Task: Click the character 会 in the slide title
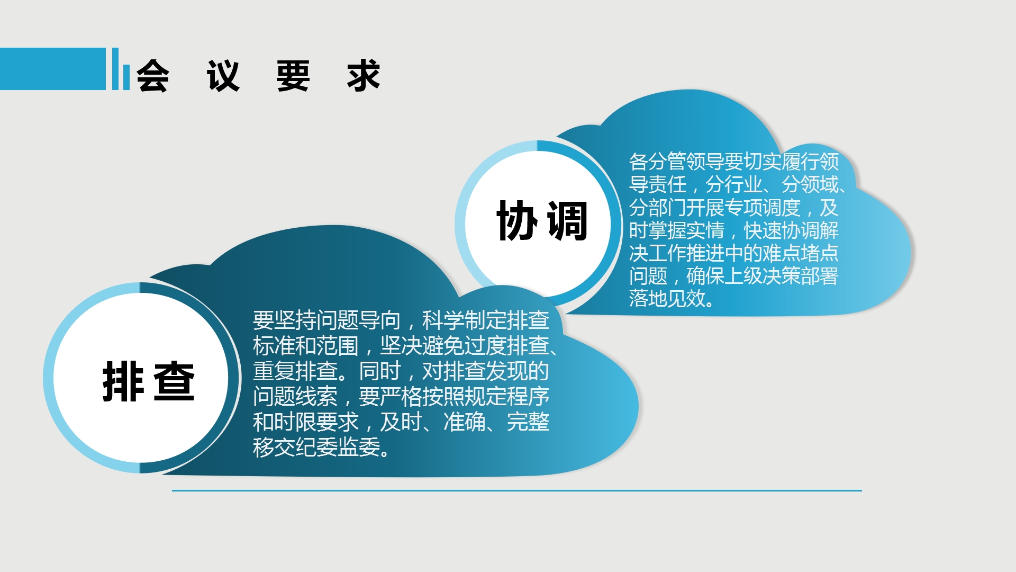(153, 76)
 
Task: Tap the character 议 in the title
(223, 76)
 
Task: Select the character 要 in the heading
(293, 76)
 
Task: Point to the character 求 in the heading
(364, 76)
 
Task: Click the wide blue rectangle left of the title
(53, 69)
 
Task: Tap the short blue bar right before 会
(126, 77)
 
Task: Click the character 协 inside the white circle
(517, 221)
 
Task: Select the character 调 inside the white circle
(567, 221)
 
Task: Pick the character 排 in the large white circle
(123, 381)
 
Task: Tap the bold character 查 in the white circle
(174, 381)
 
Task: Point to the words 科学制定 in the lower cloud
(464, 320)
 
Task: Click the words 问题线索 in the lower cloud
(295, 397)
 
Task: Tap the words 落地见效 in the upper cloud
(667, 299)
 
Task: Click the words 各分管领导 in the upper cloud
(677, 162)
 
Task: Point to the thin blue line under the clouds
(517, 490)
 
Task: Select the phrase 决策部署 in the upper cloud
(800, 276)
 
